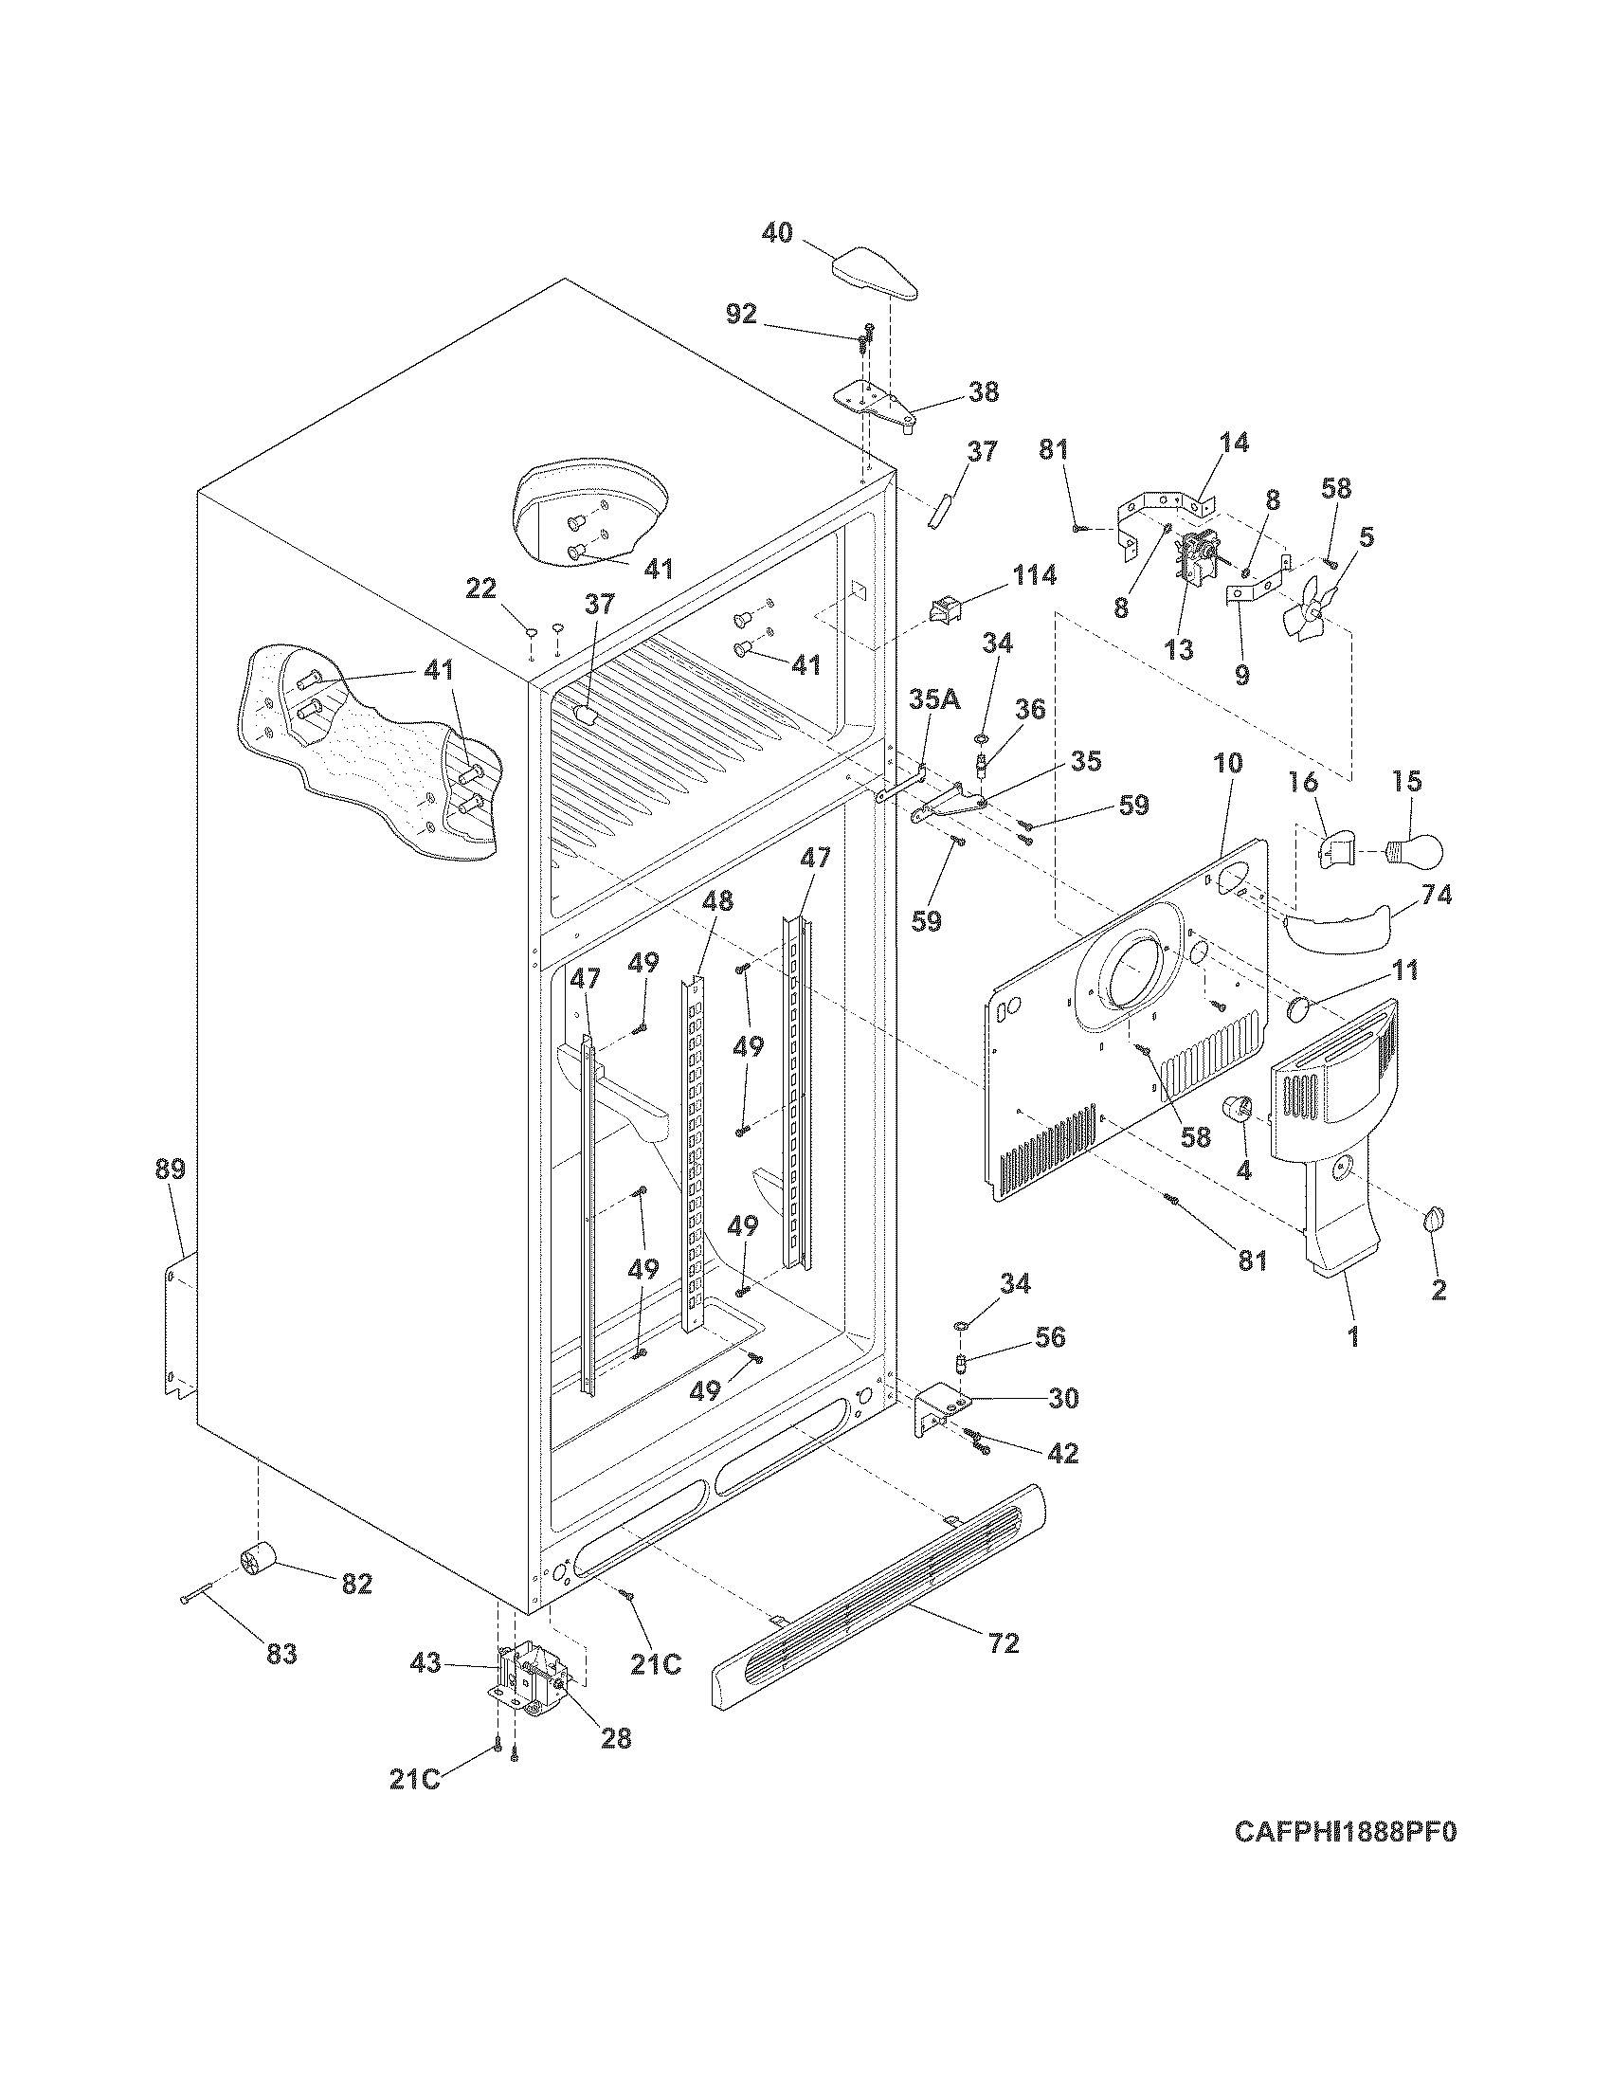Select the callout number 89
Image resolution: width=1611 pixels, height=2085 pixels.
171,1169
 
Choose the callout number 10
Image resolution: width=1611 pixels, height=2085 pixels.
1228,763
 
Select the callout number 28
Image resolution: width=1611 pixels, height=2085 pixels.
616,1737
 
